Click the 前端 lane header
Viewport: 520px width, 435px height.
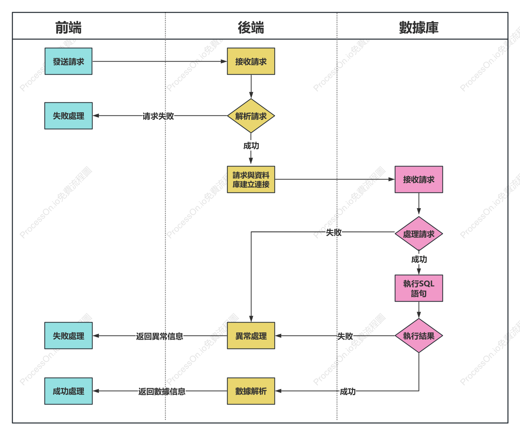pos(68,27)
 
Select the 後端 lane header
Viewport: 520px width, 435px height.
pos(251,27)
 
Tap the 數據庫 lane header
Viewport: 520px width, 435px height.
pos(419,27)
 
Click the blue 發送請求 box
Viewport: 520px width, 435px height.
pos(69,61)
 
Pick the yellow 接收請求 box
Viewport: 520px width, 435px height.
pos(251,61)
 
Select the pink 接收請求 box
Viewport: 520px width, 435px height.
pos(419,180)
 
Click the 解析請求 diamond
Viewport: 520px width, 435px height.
pos(251,116)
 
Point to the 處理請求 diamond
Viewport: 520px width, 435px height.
pos(419,234)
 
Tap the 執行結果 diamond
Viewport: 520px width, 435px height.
pos(419,335)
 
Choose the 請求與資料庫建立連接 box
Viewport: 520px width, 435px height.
pos(251,180)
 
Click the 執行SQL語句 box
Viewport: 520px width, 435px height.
pos(419,288)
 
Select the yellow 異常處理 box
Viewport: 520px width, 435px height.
pos(251,335)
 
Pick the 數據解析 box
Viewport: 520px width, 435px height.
pos(251,391)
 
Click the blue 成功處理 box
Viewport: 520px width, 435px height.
pos(69,391)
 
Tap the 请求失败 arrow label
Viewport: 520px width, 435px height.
pos(158,116)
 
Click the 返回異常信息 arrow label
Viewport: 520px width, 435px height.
pos(160,336)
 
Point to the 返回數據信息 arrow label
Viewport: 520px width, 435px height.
pos(162,391)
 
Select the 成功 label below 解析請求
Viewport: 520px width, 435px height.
pos(251,146)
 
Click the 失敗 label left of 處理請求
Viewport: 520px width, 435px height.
pos(334,232)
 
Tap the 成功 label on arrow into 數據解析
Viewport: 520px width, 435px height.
pos(348,391)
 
